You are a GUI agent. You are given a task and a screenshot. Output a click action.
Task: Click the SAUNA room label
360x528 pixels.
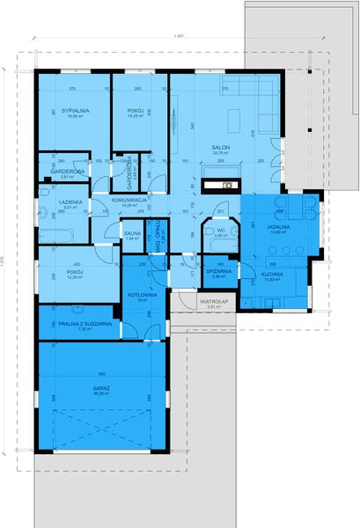click(x=134, y=232)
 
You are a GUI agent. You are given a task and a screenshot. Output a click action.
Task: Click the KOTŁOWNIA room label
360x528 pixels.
click(x=143, y=294)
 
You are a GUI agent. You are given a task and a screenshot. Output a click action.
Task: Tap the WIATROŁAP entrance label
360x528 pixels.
click(x=214, y=303)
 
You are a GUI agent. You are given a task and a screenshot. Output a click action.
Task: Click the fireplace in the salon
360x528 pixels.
click(x=221, y=186)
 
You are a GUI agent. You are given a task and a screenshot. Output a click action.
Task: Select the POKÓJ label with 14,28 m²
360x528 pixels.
click(x=136, y=109)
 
